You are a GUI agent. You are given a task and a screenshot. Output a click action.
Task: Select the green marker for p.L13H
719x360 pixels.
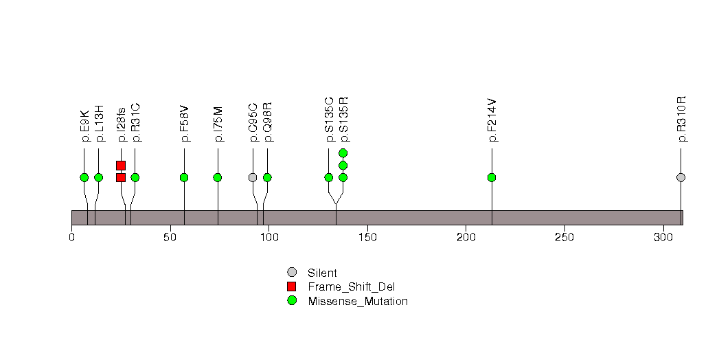coord(98,177)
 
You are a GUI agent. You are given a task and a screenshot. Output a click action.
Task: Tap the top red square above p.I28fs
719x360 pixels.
coord(121,165)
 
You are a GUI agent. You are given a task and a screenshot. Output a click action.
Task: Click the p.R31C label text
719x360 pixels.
coord(135,122)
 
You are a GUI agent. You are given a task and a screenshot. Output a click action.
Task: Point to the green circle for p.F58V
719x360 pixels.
coord(184,177)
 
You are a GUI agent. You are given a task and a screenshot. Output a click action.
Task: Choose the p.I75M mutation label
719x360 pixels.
coord(218,124)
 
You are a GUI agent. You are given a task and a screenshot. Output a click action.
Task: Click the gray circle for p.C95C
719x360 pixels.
coord(253,177)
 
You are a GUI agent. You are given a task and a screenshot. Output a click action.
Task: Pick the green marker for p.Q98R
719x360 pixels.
coord(267,177)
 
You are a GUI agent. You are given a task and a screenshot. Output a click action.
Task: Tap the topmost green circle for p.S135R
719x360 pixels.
coord(343,153)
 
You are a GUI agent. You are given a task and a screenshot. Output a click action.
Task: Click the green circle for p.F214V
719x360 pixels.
coord(492,177)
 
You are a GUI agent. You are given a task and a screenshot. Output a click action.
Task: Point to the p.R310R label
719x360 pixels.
coord(682,120)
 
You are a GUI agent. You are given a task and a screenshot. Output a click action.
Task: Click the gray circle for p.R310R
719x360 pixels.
coord(681,177)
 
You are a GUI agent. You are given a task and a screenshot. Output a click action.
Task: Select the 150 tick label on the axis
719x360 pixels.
coord(367,237)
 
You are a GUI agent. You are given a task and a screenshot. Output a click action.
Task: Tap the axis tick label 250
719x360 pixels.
coord(564,237)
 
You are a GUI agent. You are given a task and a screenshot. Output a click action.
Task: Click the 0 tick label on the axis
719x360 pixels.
coord(71,237)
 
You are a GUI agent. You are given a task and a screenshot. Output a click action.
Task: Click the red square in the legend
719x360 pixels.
coord(292,286)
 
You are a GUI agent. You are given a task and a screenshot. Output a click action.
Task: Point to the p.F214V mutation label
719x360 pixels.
coord(492,120)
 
